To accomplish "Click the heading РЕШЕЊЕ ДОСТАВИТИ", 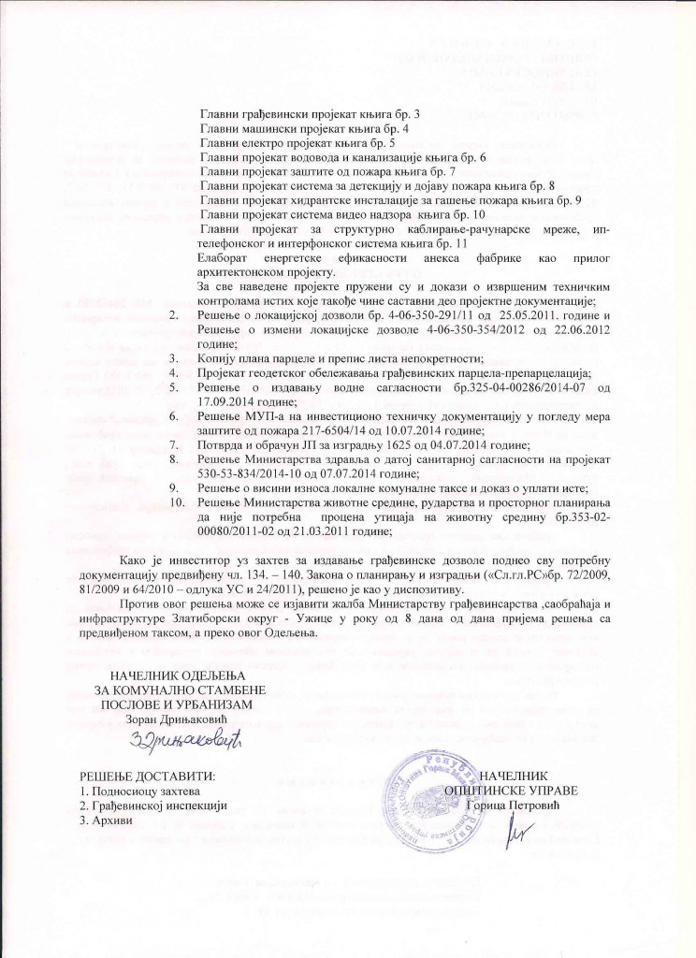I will [145, 776].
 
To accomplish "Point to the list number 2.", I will [174, 317].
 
